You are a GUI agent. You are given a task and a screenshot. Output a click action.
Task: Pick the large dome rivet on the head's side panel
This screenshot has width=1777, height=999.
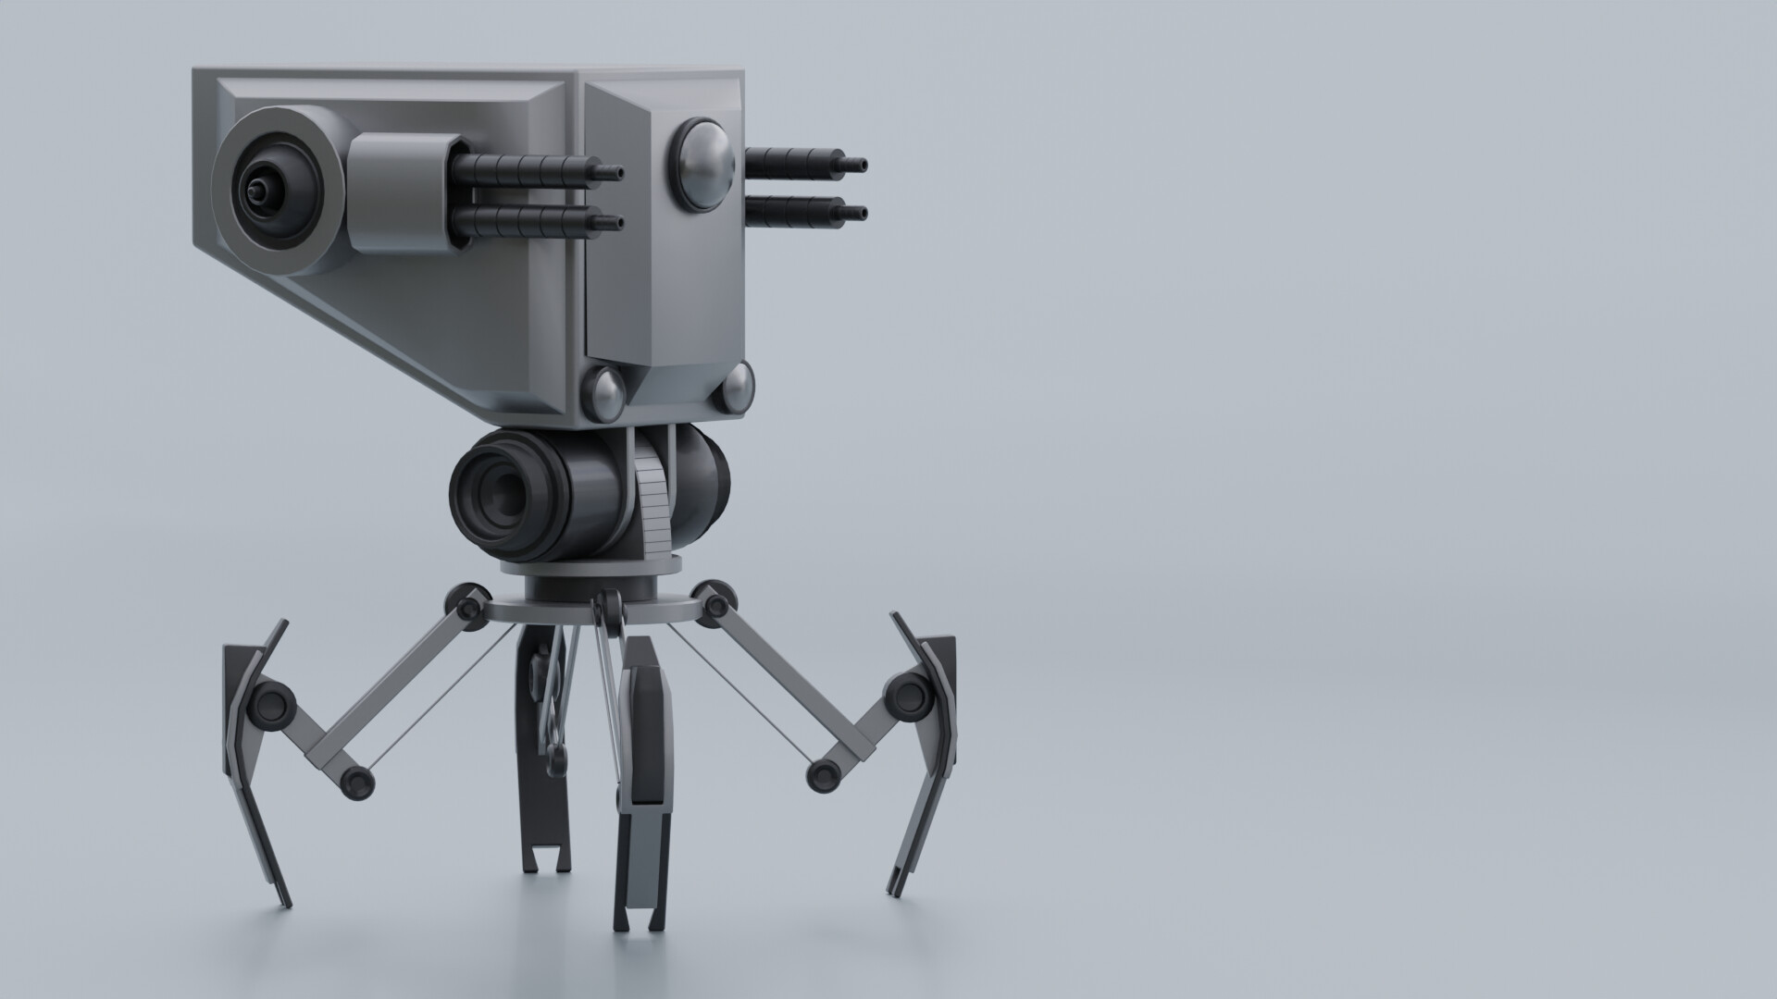pyautogui.click(x=702, y=163)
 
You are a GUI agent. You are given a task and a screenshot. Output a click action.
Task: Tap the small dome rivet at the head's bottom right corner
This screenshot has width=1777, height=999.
pyautogui.click(x=738, y=386)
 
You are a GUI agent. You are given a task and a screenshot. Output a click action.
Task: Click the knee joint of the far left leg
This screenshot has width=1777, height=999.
pyautogui.click(x=270, y=705)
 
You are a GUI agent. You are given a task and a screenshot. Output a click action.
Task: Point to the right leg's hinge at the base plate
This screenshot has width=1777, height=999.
pyautogui.click(x=714, y=604)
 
